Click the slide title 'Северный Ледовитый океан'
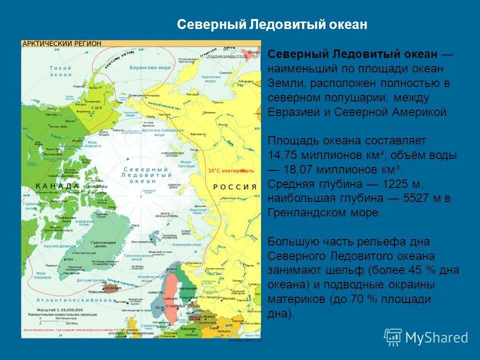pos(272,24)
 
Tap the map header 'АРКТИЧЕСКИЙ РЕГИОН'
pos(61,44)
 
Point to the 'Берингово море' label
pos(150,67)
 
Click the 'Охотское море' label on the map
pos(211,79)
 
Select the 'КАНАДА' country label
pos(58,185)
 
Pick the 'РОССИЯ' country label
pos(235,186)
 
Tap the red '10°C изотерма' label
pos(227,170)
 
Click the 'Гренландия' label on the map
pos(103,243)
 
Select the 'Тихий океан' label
pos(60,71)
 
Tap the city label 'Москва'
pos(229,298)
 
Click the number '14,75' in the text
pos(283,154)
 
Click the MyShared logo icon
pos(393,337)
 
